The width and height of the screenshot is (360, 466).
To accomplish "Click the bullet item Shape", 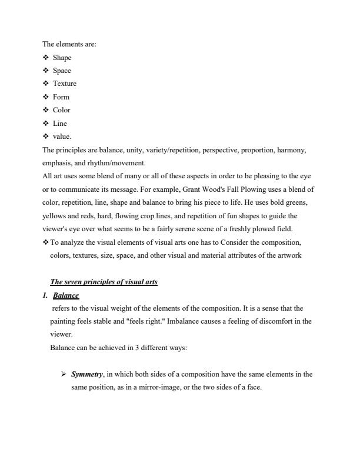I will click(62, 58).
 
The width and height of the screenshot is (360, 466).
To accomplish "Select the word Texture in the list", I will click(64, 84).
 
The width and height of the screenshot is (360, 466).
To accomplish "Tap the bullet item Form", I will click(61, 97).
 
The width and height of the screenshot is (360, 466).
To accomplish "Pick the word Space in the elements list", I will click(62, 71).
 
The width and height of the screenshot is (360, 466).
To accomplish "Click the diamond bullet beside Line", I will click(45, 124).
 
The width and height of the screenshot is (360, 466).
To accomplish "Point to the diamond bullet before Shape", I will click(45, 58).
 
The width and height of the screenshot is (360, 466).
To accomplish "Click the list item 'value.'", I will click(62, 137).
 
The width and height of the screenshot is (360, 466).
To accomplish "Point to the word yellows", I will click(54, 216).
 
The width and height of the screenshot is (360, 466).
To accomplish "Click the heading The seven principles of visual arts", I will click(104, 282).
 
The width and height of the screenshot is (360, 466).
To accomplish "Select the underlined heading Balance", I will click(66, 295).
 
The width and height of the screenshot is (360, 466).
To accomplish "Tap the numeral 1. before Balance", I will click(45, 295).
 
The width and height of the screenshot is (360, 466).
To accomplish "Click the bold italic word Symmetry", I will click(87, 374).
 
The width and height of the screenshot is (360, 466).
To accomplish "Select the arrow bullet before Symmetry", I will click(64, 374).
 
